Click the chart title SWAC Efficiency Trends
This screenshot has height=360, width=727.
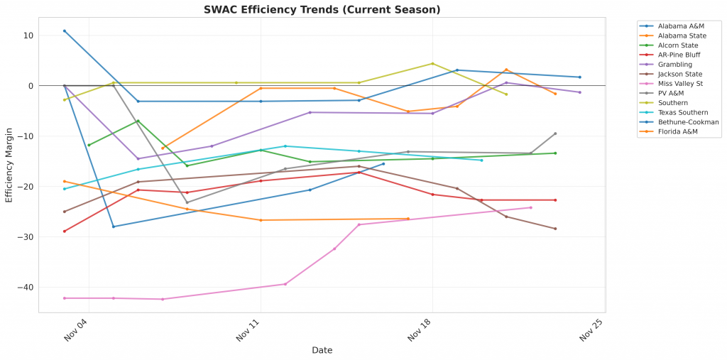pyautogui.click(x=322, y=10)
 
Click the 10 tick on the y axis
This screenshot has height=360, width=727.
pyautogui.click(x=28, y=36)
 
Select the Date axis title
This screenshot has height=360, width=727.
pyautogui.click(x=322, y=350)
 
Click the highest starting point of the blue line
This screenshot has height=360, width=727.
pyautogui.click(x=65, y=31)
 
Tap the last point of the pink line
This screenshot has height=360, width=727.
pyautogui.click(x=531, y=207)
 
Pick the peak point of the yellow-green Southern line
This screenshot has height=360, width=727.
pyautogui.click(x=432, y=63)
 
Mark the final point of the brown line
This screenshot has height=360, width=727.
pyautogui.click(x=555, y=229)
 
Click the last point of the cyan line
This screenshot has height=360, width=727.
pyautogui.click(x=481, y=160)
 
